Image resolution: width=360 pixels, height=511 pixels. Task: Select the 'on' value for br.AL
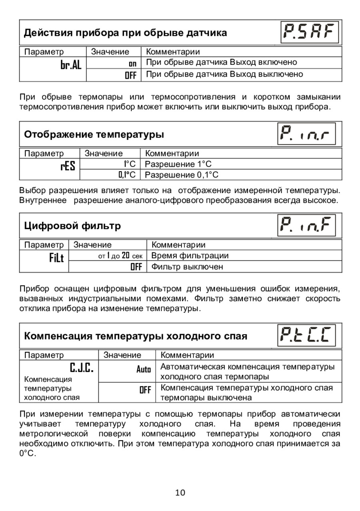(132, 63)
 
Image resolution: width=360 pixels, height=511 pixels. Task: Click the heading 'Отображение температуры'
(94, 134)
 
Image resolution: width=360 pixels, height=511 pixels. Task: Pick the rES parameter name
(68, 166)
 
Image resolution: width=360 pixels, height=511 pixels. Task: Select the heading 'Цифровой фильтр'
(72, 226)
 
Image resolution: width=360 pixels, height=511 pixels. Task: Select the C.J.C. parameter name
(82, 367)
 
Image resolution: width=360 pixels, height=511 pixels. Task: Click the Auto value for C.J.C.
(144, 370)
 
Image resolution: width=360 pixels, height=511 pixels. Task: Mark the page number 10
(180, 492)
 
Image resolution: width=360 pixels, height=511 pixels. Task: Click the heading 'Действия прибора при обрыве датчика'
(126, 33)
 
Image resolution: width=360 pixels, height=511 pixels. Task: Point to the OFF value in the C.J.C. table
(145, 390)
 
